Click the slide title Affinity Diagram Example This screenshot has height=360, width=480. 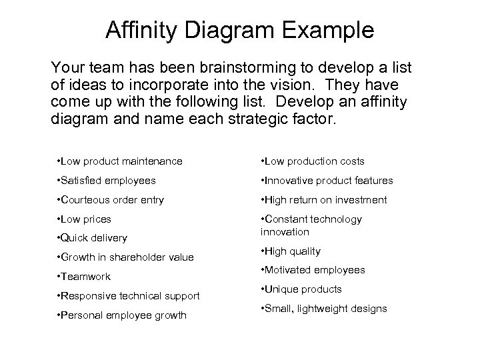pyautogui.click(x=240, y=31)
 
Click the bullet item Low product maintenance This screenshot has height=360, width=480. pyautogui.click(x=120, y=161)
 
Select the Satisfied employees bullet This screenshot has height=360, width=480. pyautogui.click(x=107, y=181)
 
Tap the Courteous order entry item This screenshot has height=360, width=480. pyautogui.click(x=111, y=200)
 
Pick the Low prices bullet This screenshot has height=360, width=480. pyautogui.click(x=85, y=219)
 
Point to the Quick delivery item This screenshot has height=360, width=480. pyautogui.click(x=93, y=238)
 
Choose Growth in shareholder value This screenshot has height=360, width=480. pyautogui.click(x=126, y=257)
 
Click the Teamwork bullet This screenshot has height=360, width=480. pyautogui.click(x=85, y=277)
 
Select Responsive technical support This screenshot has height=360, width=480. pyautogui.click(x=129, y=296)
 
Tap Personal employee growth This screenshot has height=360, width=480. pyautogui.click(x=122, y=315)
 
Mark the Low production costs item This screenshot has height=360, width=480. pyautogui.click(x=312, y=161)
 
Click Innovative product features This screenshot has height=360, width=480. pyautogui.click(x=327, y=181)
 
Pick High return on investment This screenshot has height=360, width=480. pyautogui.click(x=325, y=200)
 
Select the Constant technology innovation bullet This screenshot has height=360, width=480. pyautogui.click(x=311, y=225)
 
